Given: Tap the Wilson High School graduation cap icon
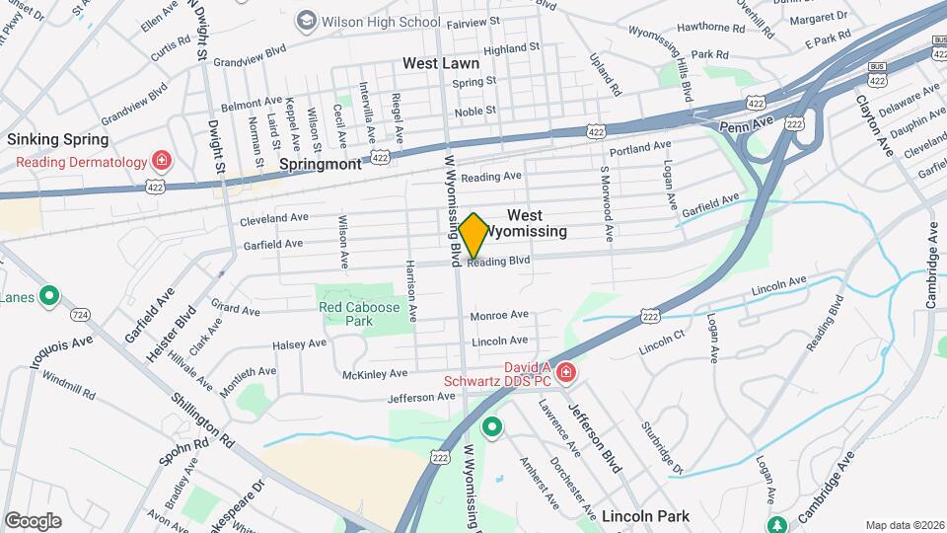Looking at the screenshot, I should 306,21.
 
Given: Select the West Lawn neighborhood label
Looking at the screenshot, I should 441,63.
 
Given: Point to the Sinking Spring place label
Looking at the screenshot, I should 58,139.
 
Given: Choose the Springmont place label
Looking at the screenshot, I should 321,164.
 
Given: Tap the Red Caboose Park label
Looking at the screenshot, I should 359,314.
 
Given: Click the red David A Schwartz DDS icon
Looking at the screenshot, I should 565,372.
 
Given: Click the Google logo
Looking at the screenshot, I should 33,521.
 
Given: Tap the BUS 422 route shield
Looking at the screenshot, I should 876,71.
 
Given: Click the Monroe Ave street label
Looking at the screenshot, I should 499,316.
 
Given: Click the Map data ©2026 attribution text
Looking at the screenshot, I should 905,525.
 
